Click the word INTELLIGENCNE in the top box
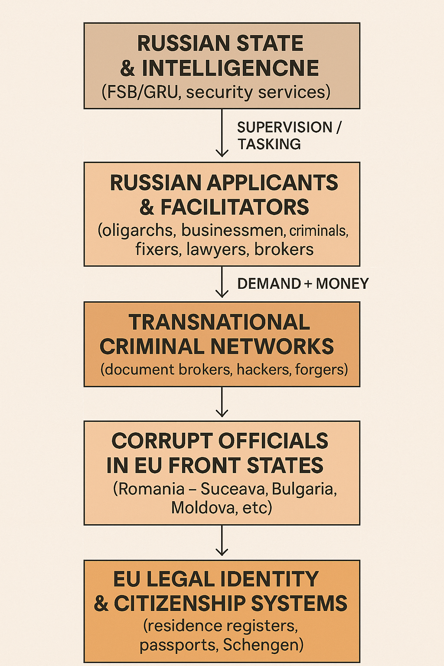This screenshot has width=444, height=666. click(230, 68)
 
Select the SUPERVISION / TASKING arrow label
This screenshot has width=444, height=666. click(288, 135)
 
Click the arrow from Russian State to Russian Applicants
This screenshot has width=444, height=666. click(222, 132)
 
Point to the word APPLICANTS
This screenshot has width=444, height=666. click(272, 183)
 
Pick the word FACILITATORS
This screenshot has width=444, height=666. click(235, 207)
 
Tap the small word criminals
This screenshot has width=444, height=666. click(318, 231)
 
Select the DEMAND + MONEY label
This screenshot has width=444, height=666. click(303, 284)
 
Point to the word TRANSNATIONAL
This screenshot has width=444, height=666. click(219, 322)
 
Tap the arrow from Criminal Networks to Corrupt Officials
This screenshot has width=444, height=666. click(222, 402)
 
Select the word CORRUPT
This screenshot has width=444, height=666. click(162, 441)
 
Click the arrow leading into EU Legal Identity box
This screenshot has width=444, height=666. click(222, 541)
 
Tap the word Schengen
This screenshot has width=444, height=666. click(263, 645)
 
